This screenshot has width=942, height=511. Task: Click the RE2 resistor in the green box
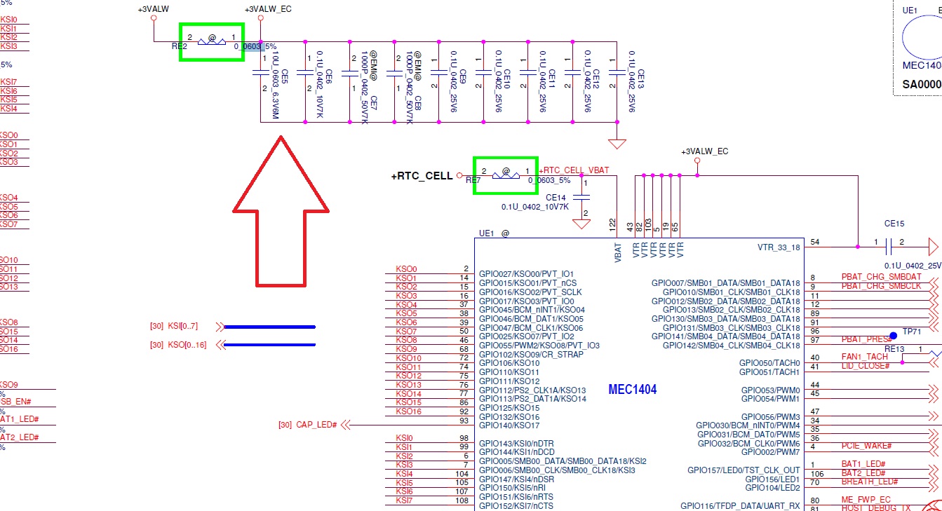211,41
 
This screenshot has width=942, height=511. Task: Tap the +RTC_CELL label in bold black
422,176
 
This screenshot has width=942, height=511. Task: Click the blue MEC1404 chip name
632,390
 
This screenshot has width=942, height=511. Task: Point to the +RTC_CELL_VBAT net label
574,170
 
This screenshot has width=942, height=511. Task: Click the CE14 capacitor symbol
581,196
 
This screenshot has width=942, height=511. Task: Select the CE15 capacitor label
894,224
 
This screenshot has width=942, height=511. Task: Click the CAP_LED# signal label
316,425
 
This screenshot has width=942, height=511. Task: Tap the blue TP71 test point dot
893,336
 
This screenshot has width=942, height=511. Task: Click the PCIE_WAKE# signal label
866,446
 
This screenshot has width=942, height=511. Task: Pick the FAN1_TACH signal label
864,357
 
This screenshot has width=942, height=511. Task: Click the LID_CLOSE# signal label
866,366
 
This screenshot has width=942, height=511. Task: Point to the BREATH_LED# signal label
870,482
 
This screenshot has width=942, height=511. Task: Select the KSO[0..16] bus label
184,344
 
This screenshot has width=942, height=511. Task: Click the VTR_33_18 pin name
779,247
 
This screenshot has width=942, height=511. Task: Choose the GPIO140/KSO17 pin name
509,425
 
